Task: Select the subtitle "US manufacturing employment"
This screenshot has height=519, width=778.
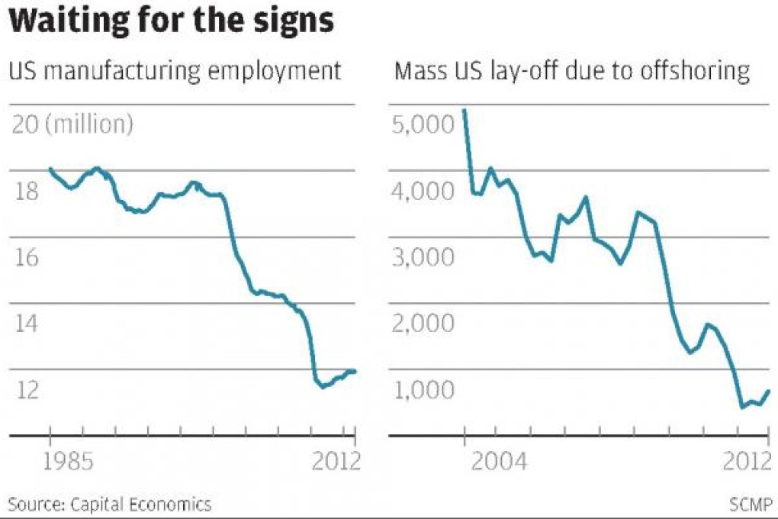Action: click(x=174, y=73)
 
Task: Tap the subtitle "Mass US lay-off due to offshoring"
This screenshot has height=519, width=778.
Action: click(x=572, y=73)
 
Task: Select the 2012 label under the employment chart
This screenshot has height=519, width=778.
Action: click(x=336, y=463)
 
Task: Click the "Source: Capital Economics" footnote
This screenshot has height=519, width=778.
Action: click(x=110, y=504)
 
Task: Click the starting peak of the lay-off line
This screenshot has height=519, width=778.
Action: click(x=465, y=111)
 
